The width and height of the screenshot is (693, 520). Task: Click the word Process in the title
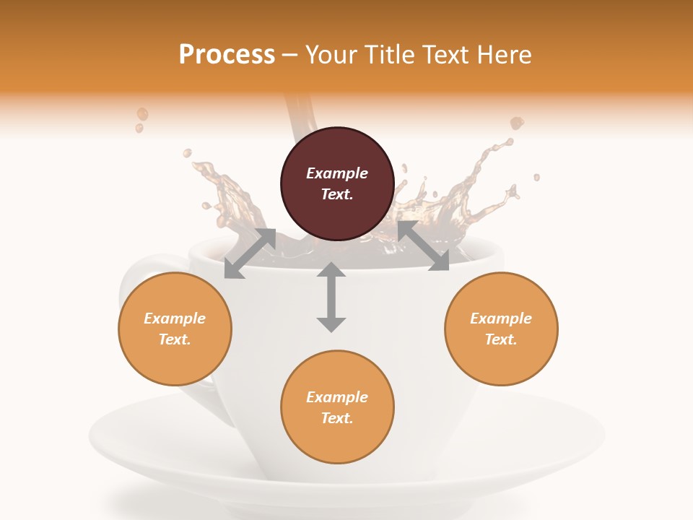[x=227, y=55]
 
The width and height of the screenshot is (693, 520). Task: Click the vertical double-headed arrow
[x=331, y=297]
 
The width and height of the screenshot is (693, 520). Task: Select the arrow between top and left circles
[x=250, y=253]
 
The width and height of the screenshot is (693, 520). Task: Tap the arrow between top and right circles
[x=423, y=246]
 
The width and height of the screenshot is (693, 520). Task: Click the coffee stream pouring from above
[x=298, y=119]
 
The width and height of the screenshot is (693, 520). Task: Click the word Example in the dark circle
[x=337, y=173]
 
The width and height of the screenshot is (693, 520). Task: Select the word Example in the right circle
[x=501, y=318]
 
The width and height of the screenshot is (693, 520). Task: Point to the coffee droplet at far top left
[x=142, y=114]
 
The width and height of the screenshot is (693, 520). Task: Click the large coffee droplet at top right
[x=517, y=123]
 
